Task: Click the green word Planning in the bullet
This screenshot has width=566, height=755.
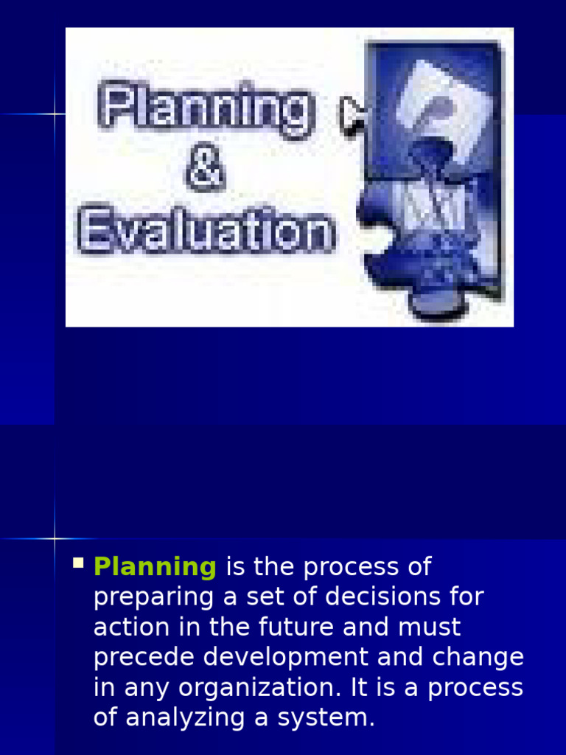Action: pos(155,567)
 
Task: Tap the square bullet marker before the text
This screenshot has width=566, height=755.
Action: pos(78,563)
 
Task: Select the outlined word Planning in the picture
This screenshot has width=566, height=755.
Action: pos(207,110)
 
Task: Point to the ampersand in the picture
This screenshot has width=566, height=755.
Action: pos(206,167)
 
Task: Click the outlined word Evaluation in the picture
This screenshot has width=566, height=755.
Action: pos(206,230)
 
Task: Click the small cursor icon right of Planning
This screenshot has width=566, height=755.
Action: pos(352,116)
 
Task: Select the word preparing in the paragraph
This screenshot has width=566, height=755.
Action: pos(153,598)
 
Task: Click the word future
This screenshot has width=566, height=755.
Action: pos(296,627)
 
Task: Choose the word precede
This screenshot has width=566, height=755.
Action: pos(144,657)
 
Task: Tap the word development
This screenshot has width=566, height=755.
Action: pos(286,657)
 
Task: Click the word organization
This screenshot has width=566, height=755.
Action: pos(260,688)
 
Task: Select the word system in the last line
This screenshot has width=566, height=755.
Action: pos(326,718)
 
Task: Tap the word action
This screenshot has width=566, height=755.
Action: pos(131,627)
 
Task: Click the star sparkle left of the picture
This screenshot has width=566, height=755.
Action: pos(55,114)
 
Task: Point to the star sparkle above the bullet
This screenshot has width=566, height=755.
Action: pos(55,538)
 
